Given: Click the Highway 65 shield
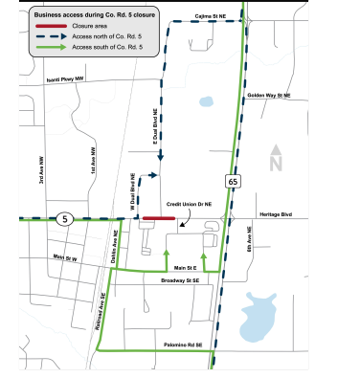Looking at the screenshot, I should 233,180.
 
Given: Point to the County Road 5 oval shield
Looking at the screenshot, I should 62,218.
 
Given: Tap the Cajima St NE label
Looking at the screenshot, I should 209,16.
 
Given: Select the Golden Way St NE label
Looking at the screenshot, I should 272,96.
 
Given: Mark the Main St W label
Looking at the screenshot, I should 64,257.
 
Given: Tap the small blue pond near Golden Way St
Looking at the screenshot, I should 207,100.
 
